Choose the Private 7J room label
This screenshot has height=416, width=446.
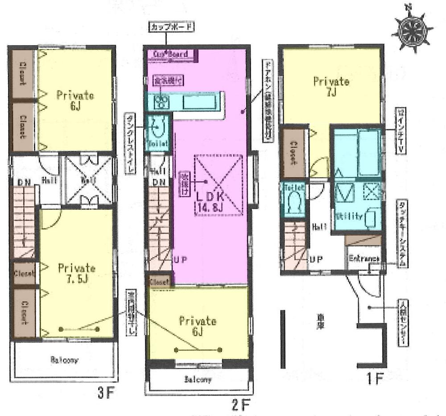coord(331,87)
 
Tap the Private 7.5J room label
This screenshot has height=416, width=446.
coord(77,274)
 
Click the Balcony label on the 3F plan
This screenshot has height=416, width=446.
coord(65,360)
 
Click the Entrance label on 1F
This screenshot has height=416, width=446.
coord(364,258)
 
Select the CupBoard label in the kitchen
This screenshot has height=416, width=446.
coord(170,54)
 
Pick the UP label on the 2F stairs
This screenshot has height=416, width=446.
coord(180,259)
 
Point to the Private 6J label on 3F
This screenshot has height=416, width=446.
coord(75,100)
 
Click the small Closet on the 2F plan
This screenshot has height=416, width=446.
coord(160,282)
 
